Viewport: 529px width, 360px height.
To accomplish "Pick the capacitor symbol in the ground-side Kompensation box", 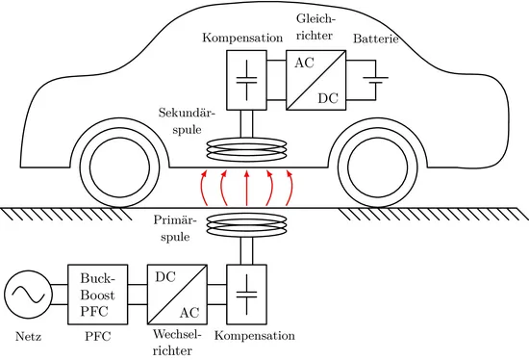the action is (246, 295).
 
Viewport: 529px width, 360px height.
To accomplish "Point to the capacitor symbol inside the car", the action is (246, 80).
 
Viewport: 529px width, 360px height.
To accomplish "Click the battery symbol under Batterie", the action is (375, 80).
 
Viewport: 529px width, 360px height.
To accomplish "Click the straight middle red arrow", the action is (246, 188).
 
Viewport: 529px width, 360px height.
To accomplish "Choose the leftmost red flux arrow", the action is (202, 188).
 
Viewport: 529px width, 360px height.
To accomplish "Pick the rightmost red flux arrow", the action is (290, 188).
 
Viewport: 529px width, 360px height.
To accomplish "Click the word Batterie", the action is (376, 39).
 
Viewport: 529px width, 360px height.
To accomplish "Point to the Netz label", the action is (28, 337).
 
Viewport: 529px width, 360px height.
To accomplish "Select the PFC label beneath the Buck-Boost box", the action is (98, 336).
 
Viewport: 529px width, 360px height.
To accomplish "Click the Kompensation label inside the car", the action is (242, 38).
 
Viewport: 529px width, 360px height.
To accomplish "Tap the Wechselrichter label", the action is (177, 343).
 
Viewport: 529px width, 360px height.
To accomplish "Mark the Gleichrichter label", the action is (316, 27).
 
